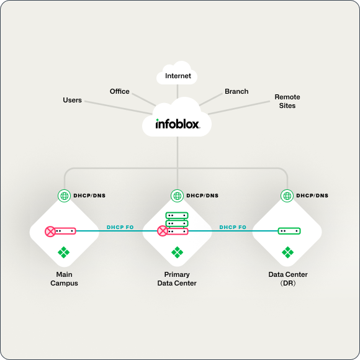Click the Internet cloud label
click(x=178, y=77)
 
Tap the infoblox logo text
click(x=178, y=124)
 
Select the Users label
click(x=73, y=100)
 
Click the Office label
click(x=120, y=91)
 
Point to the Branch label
click(x=236, y=91)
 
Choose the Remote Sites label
click(x=287, y=101)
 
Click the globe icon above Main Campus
click(x=64, y=196)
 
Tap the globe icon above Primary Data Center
click(x=177, y=196)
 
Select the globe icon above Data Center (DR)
click(x=287, y=196)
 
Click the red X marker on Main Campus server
click(x=50, y=231)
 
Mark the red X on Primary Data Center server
click(x=163, y=231)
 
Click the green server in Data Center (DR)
click(x=289, y=230)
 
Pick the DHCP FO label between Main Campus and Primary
click(x=120, y=227)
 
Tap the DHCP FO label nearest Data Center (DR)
click(x=233, y=227)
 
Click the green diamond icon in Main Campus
click(x=64, y=252)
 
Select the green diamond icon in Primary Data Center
click(x=177, y=252)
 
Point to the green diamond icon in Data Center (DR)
click(x=287, y=252)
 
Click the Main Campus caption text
click(x=64, y=279)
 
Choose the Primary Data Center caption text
click(x=177, y=279)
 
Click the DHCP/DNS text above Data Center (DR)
click(x=312, y=196)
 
